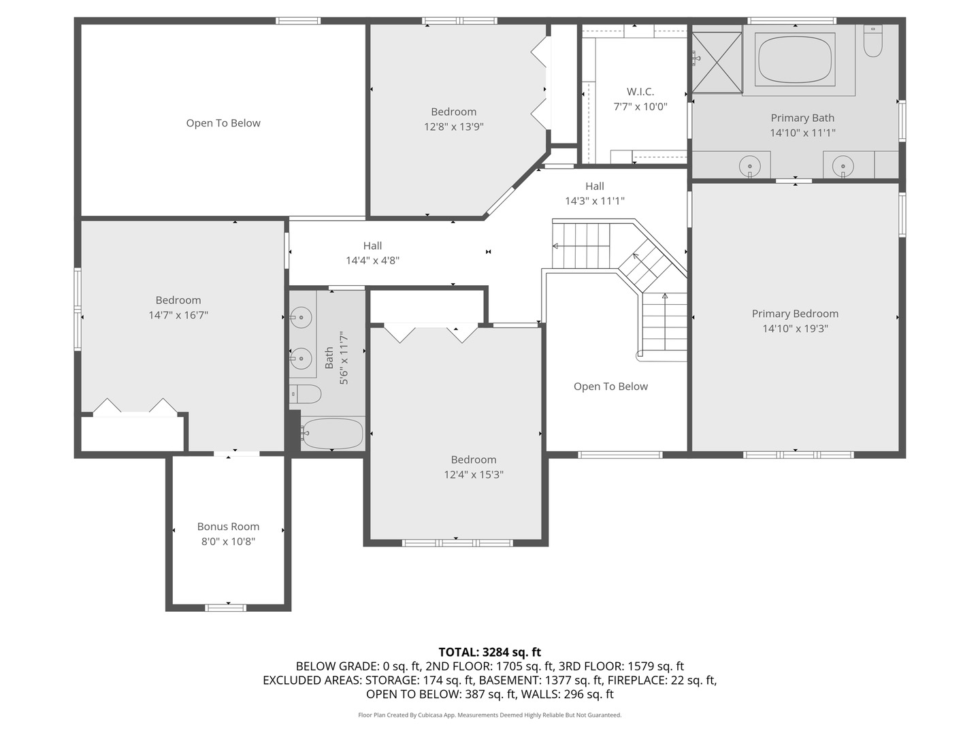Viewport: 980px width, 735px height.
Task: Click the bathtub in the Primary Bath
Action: point(796,60)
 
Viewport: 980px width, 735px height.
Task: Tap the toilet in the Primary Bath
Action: point(872,43)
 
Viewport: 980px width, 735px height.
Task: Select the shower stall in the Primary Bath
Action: point(717,62)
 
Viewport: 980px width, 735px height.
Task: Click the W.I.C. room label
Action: point(640,91)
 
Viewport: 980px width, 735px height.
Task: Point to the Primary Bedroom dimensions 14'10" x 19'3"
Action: point(795,329)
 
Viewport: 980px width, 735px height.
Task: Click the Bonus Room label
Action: point(228,526)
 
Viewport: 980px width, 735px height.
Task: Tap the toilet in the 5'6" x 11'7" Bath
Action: point(306,393)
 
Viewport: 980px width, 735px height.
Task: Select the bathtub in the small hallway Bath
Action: point(333,434)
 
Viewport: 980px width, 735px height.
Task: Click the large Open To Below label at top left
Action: point(223,123)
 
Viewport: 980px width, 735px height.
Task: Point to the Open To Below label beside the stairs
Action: point(610,387)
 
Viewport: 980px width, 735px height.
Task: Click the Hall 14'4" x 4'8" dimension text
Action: point(372,261)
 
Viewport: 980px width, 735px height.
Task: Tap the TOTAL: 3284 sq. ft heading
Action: point(489,652)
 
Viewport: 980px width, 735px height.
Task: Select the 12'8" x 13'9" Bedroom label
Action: point(453,112)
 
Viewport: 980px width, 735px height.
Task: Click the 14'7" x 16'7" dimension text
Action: point(178,315)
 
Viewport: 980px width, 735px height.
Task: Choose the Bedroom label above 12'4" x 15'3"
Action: point(474,459)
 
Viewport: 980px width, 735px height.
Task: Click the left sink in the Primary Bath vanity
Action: point(749,165)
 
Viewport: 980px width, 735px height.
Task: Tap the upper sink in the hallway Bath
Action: point(301,317)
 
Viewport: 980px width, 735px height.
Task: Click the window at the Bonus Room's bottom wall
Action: point(226,607)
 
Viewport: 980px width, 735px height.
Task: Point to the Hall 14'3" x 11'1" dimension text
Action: point(594,201)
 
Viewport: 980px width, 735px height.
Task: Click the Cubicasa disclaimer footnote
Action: point(489,715)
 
